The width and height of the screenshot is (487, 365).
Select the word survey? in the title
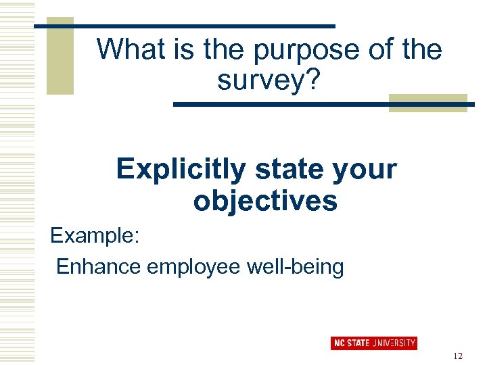point(269,81)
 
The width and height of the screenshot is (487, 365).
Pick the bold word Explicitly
point(181,170)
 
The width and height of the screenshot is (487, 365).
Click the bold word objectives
point(265,201)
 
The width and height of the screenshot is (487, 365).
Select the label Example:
point(95,237)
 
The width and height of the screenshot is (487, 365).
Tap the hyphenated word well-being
point(295,268)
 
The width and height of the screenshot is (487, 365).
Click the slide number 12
point(459,356)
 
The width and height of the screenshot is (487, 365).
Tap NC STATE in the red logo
point(352,343)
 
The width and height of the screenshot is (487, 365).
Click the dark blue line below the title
point(325,105)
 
